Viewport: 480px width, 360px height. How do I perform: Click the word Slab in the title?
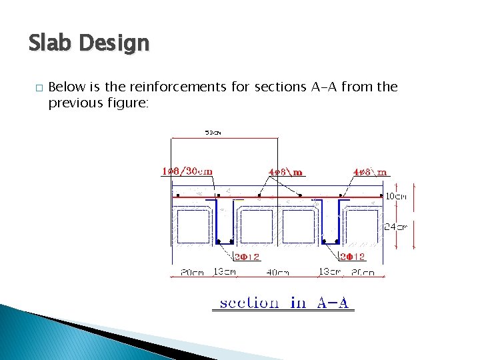pyautogui.click(x=51, y=44)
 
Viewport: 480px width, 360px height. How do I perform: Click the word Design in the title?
pyautogui.click(x=114, y=44)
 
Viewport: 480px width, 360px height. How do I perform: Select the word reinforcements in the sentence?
pyautogui.click(x=182, y=87)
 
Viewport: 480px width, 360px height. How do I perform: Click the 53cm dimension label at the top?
pyautogui.click(x=213, y=133)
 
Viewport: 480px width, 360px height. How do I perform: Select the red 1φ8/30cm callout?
pyautogui.click(x=187, y=171)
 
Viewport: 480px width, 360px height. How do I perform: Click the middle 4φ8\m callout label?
pyautogui.click(x=285, y=172)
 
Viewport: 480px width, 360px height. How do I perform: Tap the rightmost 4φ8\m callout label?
pyautogui.click(x=369, y=172)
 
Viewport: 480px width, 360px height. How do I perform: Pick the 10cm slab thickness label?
pyautogui.click(x=397, y=196)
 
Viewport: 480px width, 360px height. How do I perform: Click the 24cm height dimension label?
pyautogui.click(x=396, y=227)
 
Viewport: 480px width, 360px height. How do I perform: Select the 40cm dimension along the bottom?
pyautogui.click(x=277, y=271)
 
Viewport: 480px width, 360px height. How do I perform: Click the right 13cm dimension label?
pyautogui.click(x=330, y=271)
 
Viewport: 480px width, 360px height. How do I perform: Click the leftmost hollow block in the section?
pyautogui.click(x=193, y=227)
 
